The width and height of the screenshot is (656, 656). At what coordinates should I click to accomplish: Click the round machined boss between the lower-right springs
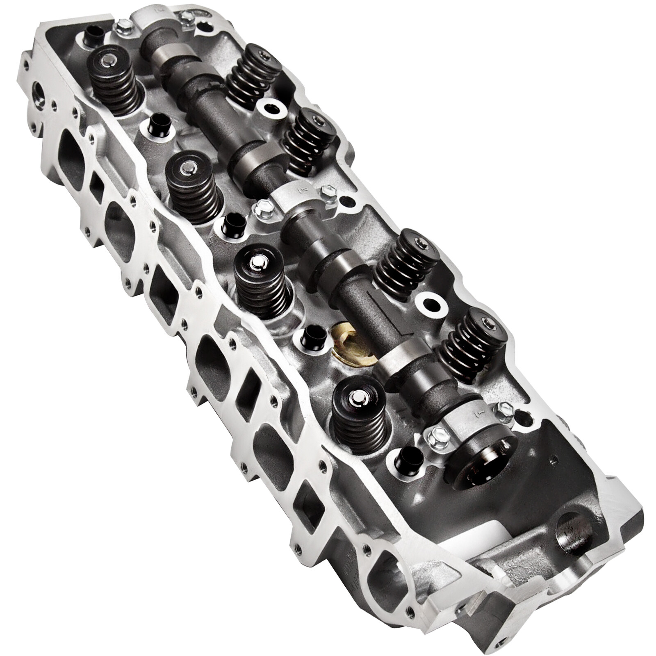tap(431, 304)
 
